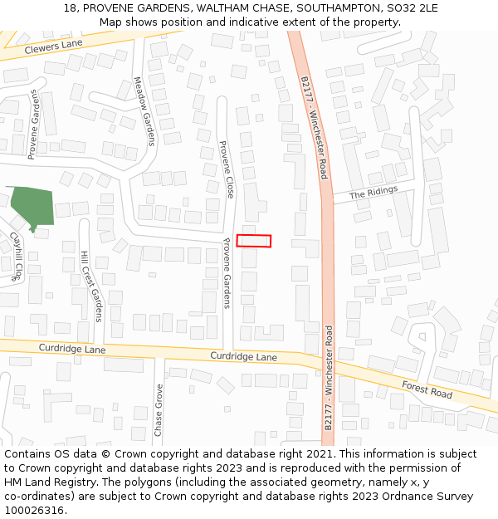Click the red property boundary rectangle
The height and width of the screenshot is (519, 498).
[254, 241]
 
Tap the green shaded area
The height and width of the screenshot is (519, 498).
[32, 205]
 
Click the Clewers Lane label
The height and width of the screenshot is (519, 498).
[54, 48]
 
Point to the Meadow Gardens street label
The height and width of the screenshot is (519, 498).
[145, 111]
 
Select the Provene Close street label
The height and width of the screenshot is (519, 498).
[227, 169]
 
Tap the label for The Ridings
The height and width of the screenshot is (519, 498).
[373, 193]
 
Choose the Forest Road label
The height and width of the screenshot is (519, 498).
[427, 389]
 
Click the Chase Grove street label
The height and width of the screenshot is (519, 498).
[159, 409]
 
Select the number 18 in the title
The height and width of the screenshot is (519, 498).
[69, 8]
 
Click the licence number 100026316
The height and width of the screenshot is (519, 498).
[34, 511]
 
